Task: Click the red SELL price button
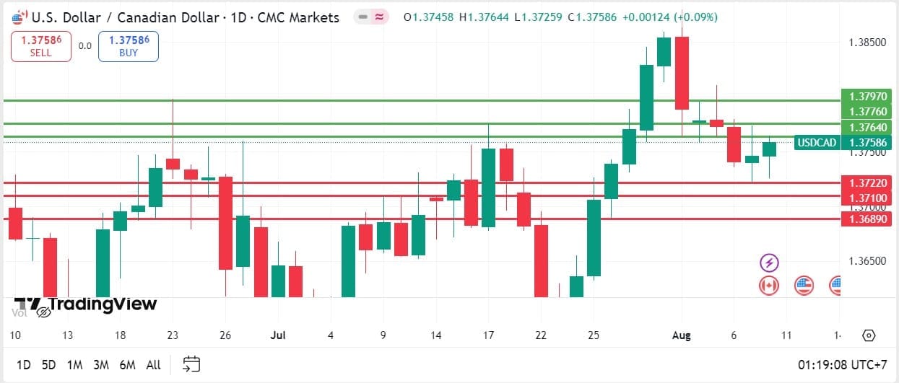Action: pyautogui.click(x=41, y=46)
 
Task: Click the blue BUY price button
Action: pyautogui.click(x=129, y=46)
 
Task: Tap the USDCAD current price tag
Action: pyautogui.click(x=844, y=142)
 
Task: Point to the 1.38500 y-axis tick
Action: pyautogui.click(x=867, y=43)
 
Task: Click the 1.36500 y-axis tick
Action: pyautogui.click(x=867, y=260)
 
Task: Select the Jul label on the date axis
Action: pyautogui.click(x=277, y=335)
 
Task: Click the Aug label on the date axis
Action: pyautogui.click(x=681, y=335)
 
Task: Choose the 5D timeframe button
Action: pyautogui.click(x=48, y=365)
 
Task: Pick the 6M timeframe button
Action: pyautogui.click(x=128, y=365)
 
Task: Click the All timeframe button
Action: pyautogui.click(x=153, y=365)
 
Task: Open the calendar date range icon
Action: pyautogui.click(x=191, y=364)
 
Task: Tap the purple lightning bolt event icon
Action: pyautogui.click(x=769, y=263)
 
